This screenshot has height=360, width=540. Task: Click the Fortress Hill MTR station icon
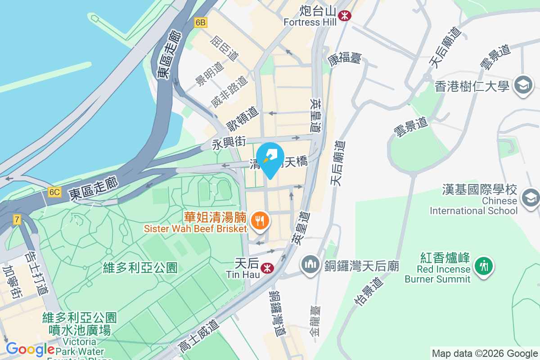point(345,16)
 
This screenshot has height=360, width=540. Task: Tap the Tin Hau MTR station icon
point(267,268)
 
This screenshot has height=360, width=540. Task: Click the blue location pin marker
point(270,159)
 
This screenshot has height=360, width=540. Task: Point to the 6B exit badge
point(201,22)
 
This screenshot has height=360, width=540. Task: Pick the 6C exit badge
point(54,192)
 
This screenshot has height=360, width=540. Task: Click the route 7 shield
point(17,220)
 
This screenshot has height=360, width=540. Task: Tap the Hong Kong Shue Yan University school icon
point(523,85)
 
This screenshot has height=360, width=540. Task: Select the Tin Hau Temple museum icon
point(310,263)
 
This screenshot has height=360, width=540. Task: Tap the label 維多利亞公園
point(140,268)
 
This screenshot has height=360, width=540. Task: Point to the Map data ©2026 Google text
point(485,354)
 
